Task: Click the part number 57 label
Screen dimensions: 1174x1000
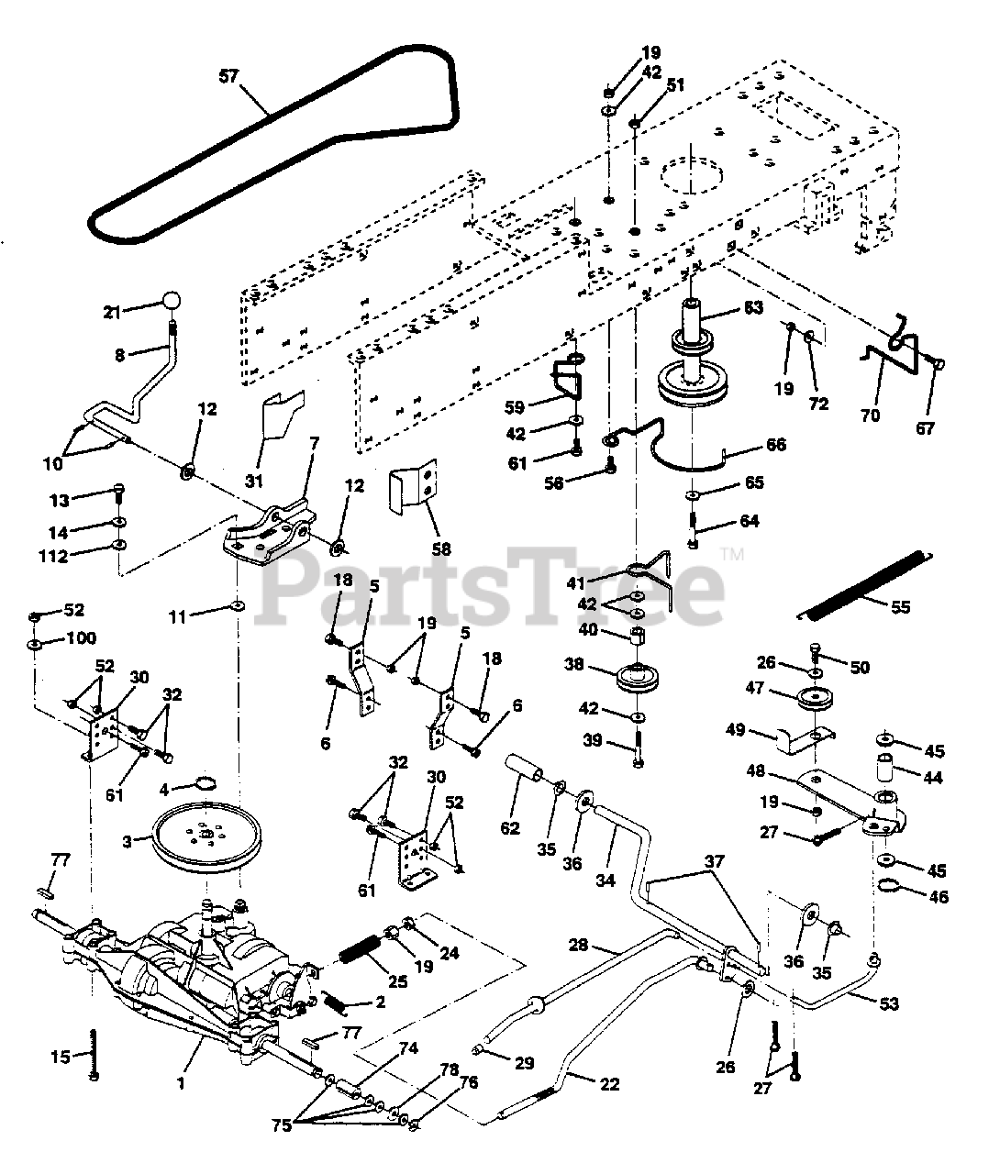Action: coord(228,75)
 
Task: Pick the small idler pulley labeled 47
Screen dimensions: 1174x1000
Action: coord(813,699)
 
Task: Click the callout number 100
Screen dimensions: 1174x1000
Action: coord(80,637)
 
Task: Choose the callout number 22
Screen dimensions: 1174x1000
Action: coord(609,1084)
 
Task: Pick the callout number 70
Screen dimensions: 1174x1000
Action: coord(870,415)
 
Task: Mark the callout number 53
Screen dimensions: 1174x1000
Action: coord(888,1003)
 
